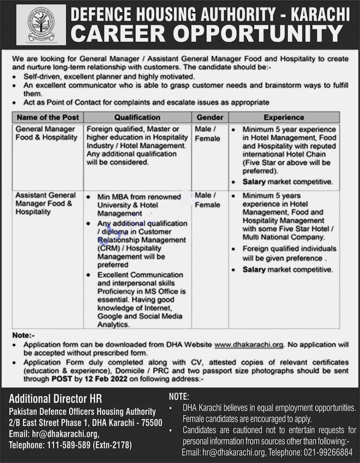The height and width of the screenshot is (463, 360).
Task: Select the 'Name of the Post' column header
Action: tap(47, 117)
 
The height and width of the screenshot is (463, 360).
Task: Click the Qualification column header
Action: tap(137, 117)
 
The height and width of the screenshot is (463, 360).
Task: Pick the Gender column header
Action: tap(210, 117)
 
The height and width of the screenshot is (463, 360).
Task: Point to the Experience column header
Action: tap(284, 117)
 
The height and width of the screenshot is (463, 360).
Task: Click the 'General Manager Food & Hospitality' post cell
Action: tap(46, 133)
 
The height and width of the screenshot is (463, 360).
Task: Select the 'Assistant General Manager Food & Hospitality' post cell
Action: tap(46, 203)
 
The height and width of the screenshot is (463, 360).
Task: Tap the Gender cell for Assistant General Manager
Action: tap(208, 200)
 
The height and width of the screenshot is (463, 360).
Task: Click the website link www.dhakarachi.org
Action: tap(249, 344)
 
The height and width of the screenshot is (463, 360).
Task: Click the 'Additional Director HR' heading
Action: tap(55, 399)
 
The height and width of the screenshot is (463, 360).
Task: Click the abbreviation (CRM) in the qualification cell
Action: tap(108, 248)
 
